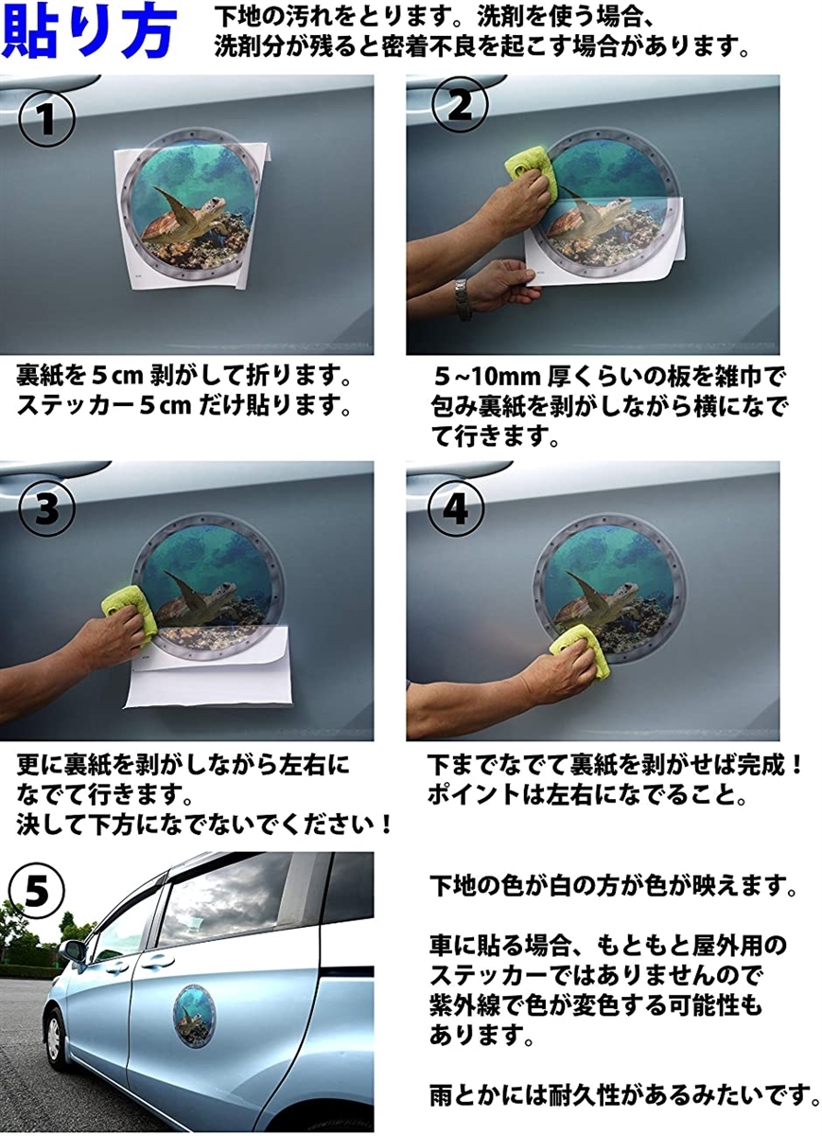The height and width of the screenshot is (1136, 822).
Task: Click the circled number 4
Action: pyautogui.click(x=455, y=509)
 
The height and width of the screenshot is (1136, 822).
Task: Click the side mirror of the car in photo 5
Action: pyautogui.click(x=73, y=950)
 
